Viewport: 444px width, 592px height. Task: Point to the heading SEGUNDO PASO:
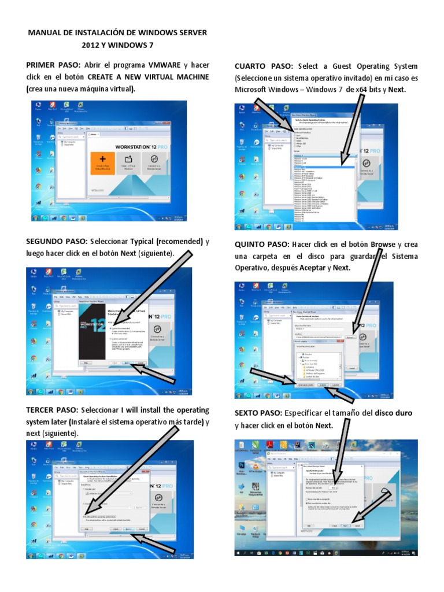click(x=56, y=241)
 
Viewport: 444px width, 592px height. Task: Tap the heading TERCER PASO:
click(x=53, y=410)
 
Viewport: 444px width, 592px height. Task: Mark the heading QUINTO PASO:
click(x=262, y=245)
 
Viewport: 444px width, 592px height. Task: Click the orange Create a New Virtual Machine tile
click(x=102, y=162)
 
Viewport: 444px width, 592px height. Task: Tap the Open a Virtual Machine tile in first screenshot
click(x=128, y=162)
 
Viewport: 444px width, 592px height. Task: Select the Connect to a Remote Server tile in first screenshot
click(x=154, y=162)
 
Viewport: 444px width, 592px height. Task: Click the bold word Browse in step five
click(x=383, y=245)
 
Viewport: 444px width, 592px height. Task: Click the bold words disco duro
click(x=394, y=413)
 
